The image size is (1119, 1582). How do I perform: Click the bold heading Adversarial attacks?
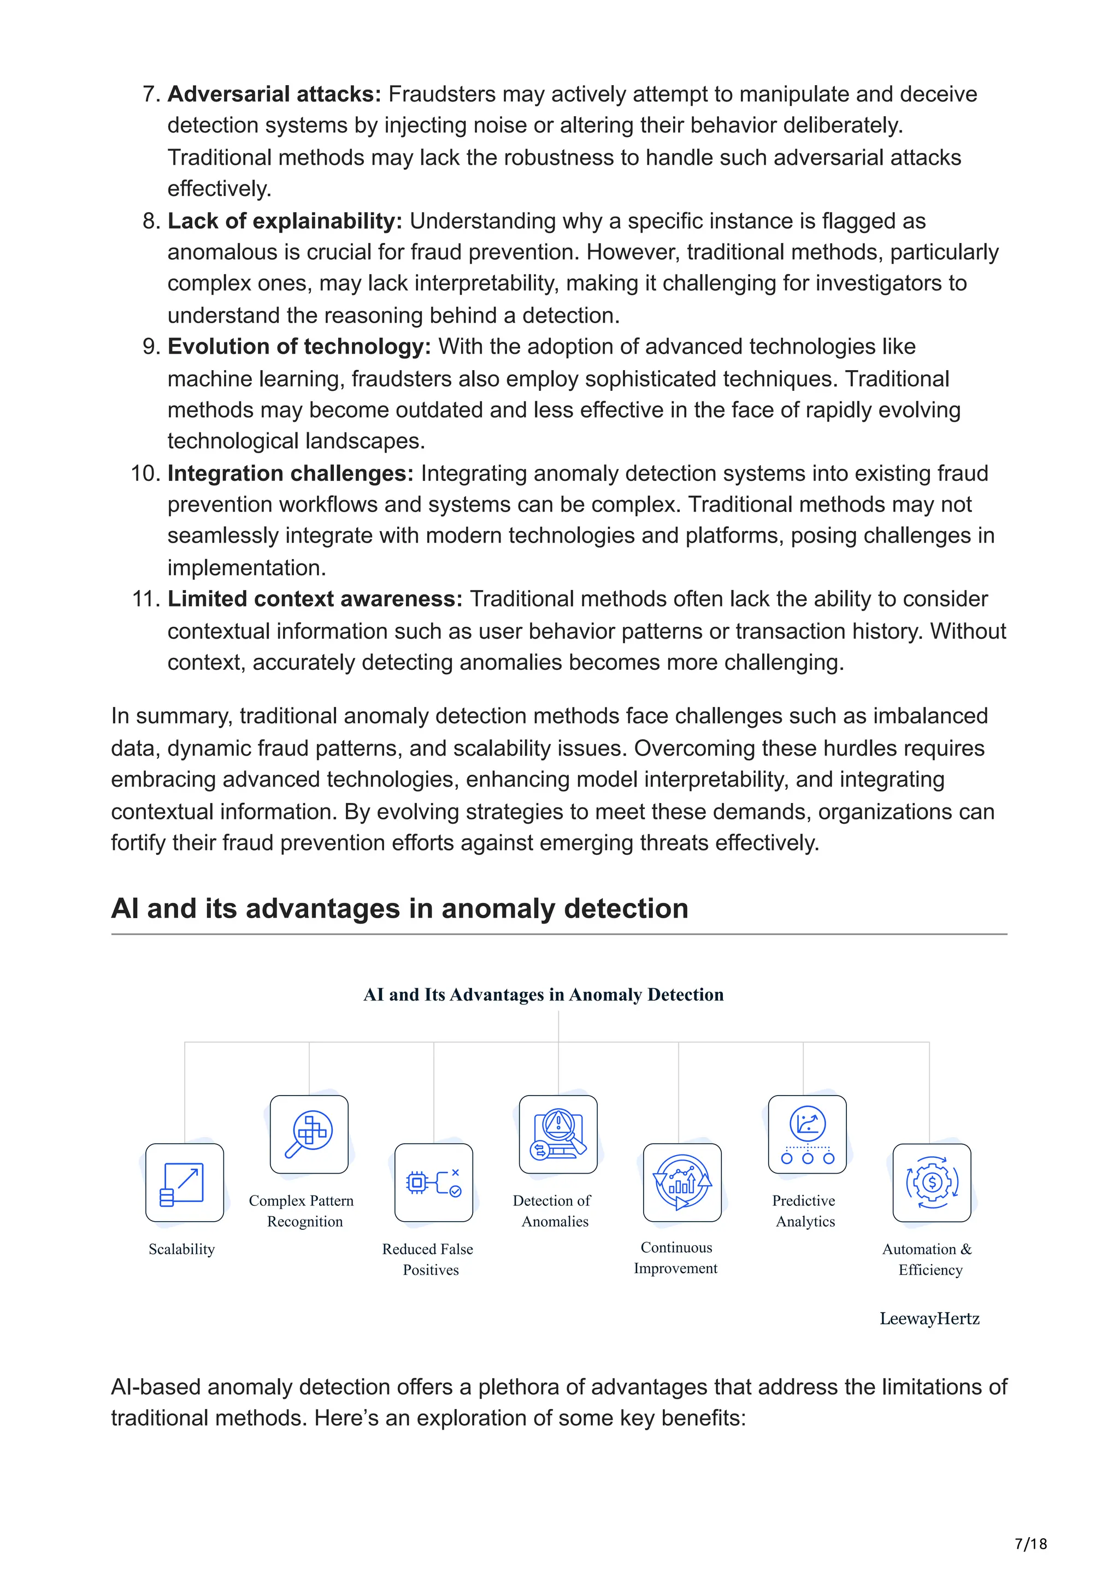click(x=274, y=94)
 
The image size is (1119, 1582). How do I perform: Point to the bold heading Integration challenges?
click(x=290, y=473)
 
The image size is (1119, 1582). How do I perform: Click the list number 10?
click(x=145, y=473)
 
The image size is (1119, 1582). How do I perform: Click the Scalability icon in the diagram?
click(x=185, y=1183)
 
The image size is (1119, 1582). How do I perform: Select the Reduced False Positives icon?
click(x=434, y=1183)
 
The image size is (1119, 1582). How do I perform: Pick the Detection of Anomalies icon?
click(x=558, y=1135)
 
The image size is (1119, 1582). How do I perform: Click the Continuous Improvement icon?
click(x=682, y=1183)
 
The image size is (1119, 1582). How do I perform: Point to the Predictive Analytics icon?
click(x=808, y=1135)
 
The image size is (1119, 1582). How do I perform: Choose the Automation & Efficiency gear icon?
click(x=932, y=1183)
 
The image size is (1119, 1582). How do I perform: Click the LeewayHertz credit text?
click(x=929, y=1319)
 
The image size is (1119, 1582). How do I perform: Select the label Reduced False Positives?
click(x=428, y=1259)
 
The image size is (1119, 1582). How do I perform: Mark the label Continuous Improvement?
click(x=676, y=1258)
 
